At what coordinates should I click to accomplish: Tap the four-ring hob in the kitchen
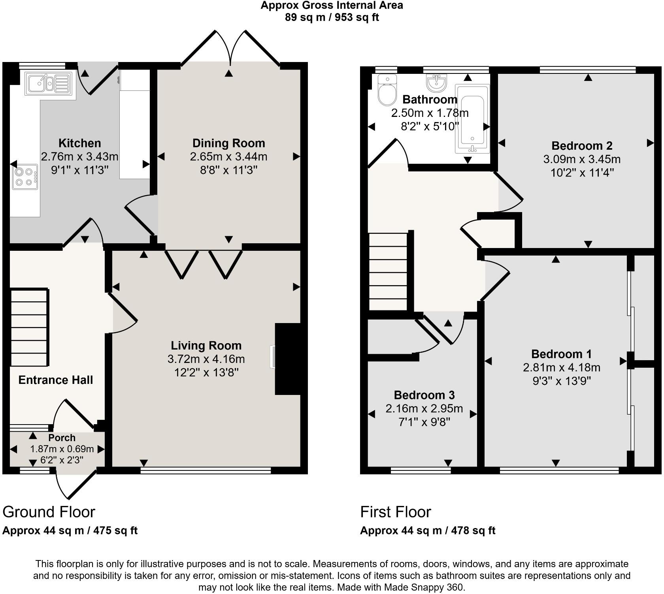pos(25,177)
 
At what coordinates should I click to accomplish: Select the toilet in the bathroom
pos(387,90)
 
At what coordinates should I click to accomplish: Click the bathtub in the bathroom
pos(472,118)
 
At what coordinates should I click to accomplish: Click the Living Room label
pos(206,346)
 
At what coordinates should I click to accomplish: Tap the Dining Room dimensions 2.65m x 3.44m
pos(228,157)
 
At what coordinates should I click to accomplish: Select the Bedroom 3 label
pos(424,395)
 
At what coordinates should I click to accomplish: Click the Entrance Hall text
pos(56,380)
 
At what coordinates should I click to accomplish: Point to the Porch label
pos(62,438)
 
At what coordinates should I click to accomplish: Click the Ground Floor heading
pos(49,512)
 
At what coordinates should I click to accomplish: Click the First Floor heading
pos(395,512)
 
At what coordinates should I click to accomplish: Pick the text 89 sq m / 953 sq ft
pos(332,18)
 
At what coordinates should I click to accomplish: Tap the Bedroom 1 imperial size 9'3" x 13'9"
pos(561,381)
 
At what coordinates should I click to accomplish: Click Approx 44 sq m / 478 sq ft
pos(427,530)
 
